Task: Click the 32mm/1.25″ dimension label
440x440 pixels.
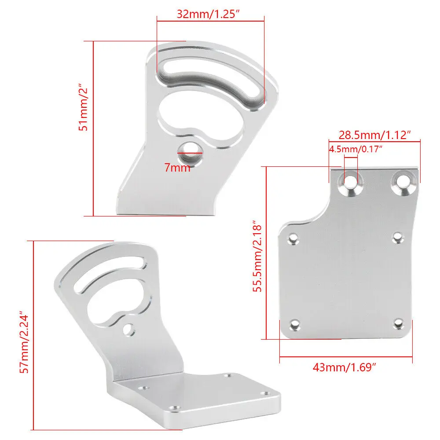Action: pyautogui.click(x=208, y=14)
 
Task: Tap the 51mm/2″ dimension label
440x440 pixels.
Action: pyautogui.click(x=83, y=107)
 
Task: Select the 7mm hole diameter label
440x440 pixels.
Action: pyautogui.click(x=177, y=168)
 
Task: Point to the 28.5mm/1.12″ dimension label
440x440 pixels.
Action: pyautogui.click(x=374, y=135)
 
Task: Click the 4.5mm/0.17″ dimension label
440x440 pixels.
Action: pyautogui.click(x=356, y=149)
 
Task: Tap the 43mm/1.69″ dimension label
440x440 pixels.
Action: pyautogui.click(x=345, y=367)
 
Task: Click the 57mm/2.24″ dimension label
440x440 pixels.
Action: pyautogui.click(x=24, y=342)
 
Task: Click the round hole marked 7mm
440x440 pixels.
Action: pyautogui.click(x=190, y=154)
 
